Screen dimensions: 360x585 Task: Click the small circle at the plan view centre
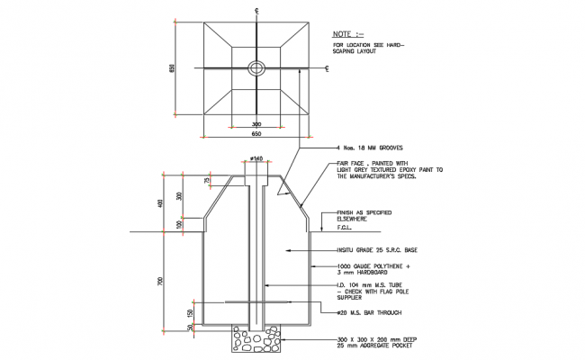tap(257, 67)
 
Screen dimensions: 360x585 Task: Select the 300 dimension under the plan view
tap(256, 125)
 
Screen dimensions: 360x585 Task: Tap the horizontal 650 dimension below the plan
tap(256, 133)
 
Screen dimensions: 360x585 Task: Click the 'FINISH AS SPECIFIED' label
tap(365, 212)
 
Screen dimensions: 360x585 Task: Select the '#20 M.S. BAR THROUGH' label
tap(370, 313)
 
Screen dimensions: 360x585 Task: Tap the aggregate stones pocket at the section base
tap(257, 341)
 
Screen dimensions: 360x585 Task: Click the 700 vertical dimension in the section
tap(162, 280)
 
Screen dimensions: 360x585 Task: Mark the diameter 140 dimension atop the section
tap(257, 158)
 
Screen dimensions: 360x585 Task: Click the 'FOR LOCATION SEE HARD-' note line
tap(369, 44)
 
